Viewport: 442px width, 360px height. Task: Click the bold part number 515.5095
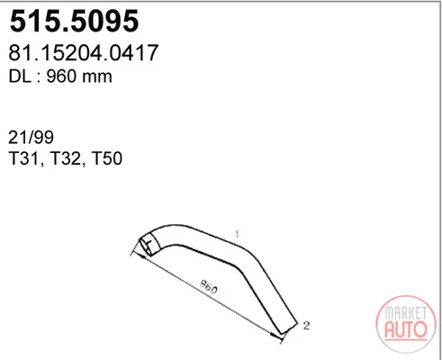(x=74, y=21)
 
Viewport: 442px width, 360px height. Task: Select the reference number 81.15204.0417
(x=83, y=53)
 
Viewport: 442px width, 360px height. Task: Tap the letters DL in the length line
(x=20, y=76)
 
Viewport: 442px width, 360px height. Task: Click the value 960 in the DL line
(x=61, y=76)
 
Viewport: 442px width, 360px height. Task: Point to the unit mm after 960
(x=97, y=78)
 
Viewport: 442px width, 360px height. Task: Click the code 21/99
(x=31, y=138)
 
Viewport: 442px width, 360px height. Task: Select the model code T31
(x=24, y=158)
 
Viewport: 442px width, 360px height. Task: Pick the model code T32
(x=66, y=158)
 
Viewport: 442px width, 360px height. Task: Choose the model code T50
(x=107, y=158)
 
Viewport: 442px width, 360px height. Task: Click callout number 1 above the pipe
(x=237, y=234)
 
